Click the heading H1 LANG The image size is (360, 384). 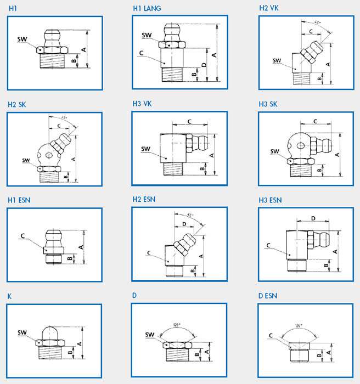pyautogui.click(x=147, y=9)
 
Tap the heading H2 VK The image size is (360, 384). pyautogui.click(x=269, y=9)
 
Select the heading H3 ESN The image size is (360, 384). pyautogui.click(x=270, y=200)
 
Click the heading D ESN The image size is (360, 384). pyautogui.click(x=268, y=296)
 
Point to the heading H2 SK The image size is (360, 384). pyautogui.click(x=17, y=104)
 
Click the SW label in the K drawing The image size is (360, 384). pyautogui.click(x=22, y=332)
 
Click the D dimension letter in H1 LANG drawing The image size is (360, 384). pyautogui.click(x=204, y=65)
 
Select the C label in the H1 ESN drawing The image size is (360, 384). pyautogui.click(x=23, y=236)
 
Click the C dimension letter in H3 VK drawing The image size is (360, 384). pyautogui.click(x=189, y=121)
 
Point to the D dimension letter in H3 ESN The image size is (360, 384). pyautogui.click(x=313, y=218)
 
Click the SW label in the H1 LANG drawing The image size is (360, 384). pyautogui.click(x=146, y=36)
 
